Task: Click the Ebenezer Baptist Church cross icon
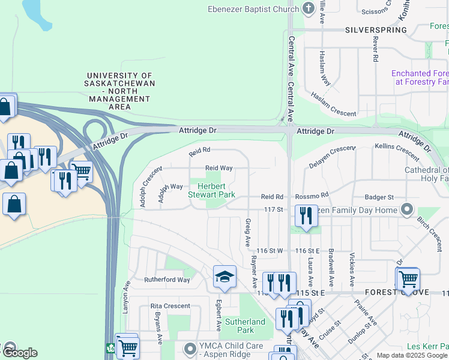pyautogui.click(x=309, y=8)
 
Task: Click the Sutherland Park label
pyautogui.click(x=245, y=326)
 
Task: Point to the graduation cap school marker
pyautogui.click(x=225, y=276)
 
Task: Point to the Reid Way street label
pyautogui.click(x=218, y=169)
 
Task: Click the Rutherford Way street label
pyautogui.click(x=167, y=280)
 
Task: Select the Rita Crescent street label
pyautogui.click(x=170, y=306)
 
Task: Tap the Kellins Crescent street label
pyautogui.click(x=396, y=151)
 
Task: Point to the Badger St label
pyautogui.click(x=379, y=197)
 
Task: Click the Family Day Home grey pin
pyautogui.click(x=407, y=209)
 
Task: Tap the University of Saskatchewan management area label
pyautogui.click(x=120, y=91)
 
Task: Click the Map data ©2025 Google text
pyautogui.click(x=412, y=355)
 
